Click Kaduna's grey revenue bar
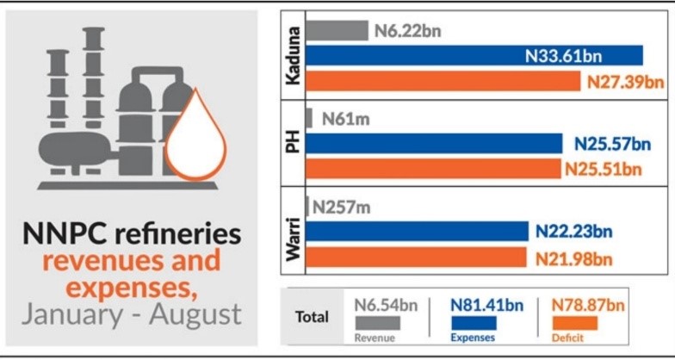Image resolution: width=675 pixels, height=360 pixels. tap(337, 31)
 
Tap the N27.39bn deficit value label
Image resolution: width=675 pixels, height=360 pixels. tap(626, 82)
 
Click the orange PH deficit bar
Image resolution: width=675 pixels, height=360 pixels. tap(430, 168)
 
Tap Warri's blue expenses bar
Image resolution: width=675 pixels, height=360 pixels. tap(413, 231)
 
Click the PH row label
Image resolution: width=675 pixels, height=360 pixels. tap(293, 142)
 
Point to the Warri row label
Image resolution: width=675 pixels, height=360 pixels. tap(293, 231)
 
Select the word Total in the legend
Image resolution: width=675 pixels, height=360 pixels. tap(313, 316)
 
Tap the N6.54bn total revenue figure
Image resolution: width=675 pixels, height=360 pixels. tap(384, 304)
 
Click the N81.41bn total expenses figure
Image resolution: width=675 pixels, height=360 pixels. tap(486, 304)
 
